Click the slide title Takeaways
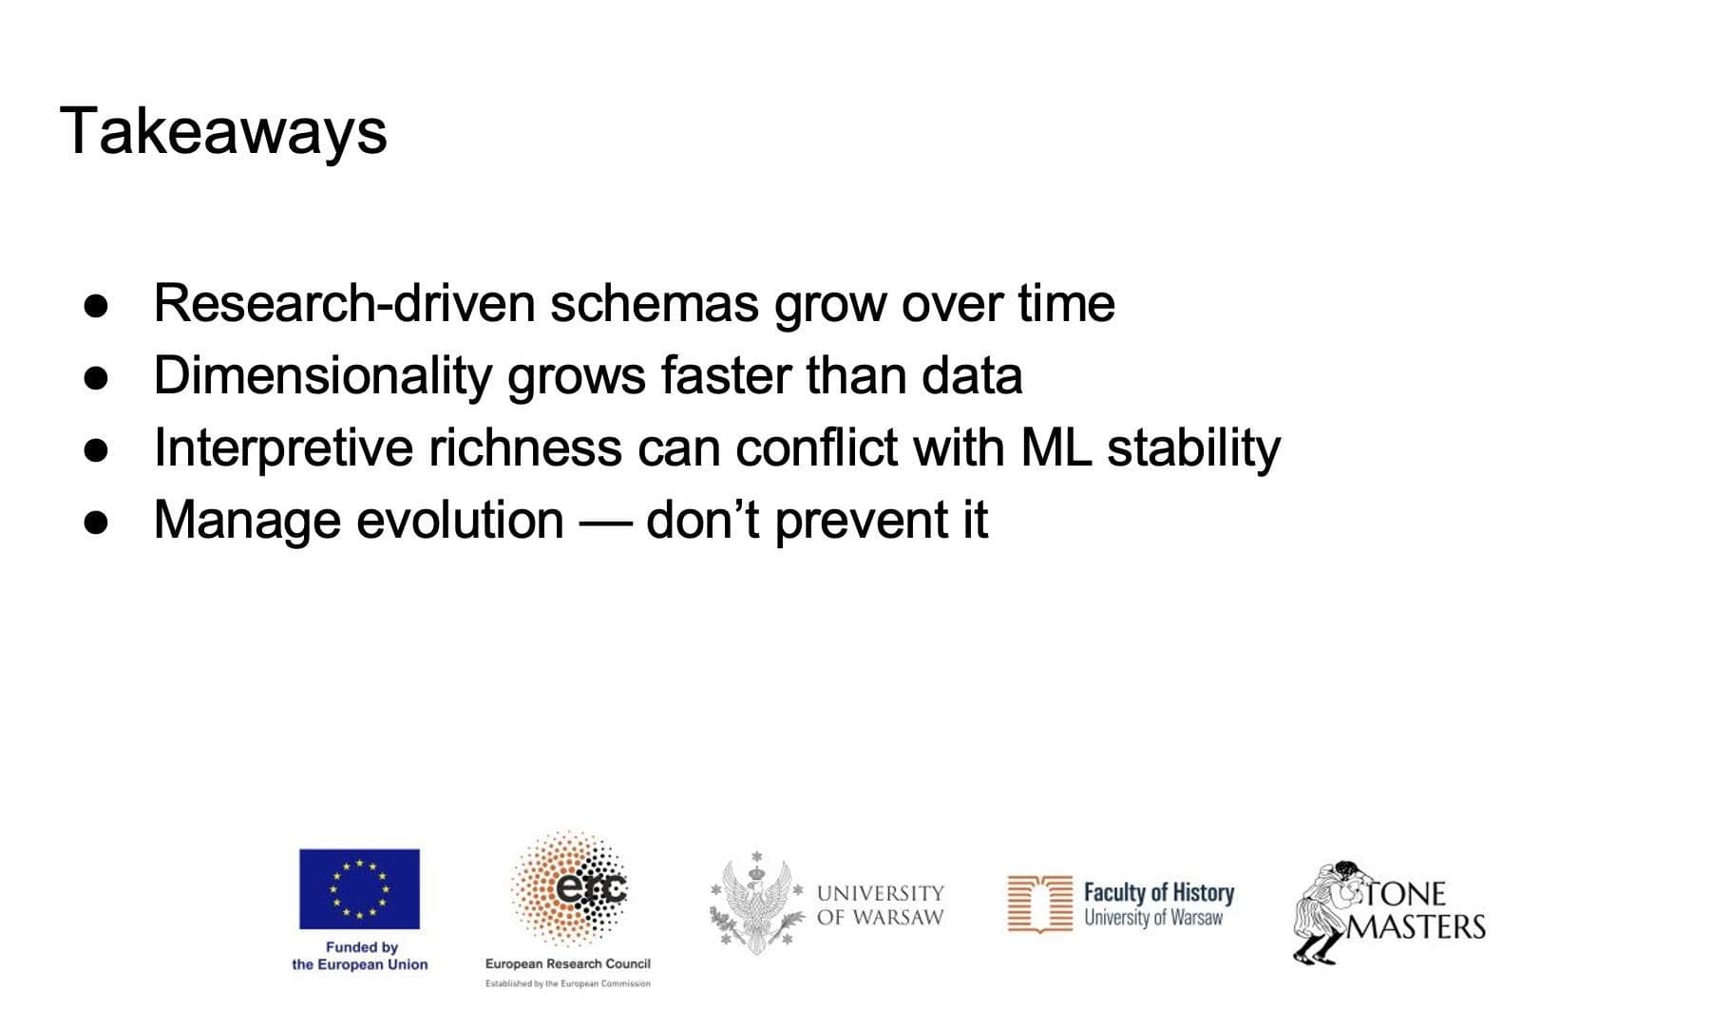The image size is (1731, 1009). (x=223, y=132)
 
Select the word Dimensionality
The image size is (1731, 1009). (x=322, y=376)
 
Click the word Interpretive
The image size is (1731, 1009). (x=283, y=448)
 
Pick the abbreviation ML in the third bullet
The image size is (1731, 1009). (x=1056, y=447)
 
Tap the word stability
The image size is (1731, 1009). (x=1193, y=448)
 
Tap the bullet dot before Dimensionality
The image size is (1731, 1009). (x=96, y=377)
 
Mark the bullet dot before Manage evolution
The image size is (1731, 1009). (x=96, y=523)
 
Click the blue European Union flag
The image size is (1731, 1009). (x=359, y=889)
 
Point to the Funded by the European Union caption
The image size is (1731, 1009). (x=360, y=956)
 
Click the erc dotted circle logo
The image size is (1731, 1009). (x=569, y=888)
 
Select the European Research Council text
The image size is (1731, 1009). (x=568, y=963)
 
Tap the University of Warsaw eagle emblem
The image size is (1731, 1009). (x=757, y=904)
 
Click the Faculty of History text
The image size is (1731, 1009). (x=1159, y=892)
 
